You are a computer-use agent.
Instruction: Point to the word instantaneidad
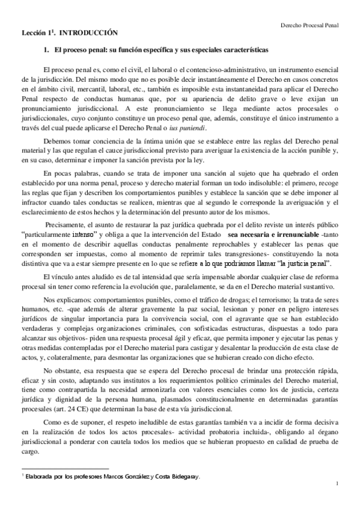click(x=239, y=88)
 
